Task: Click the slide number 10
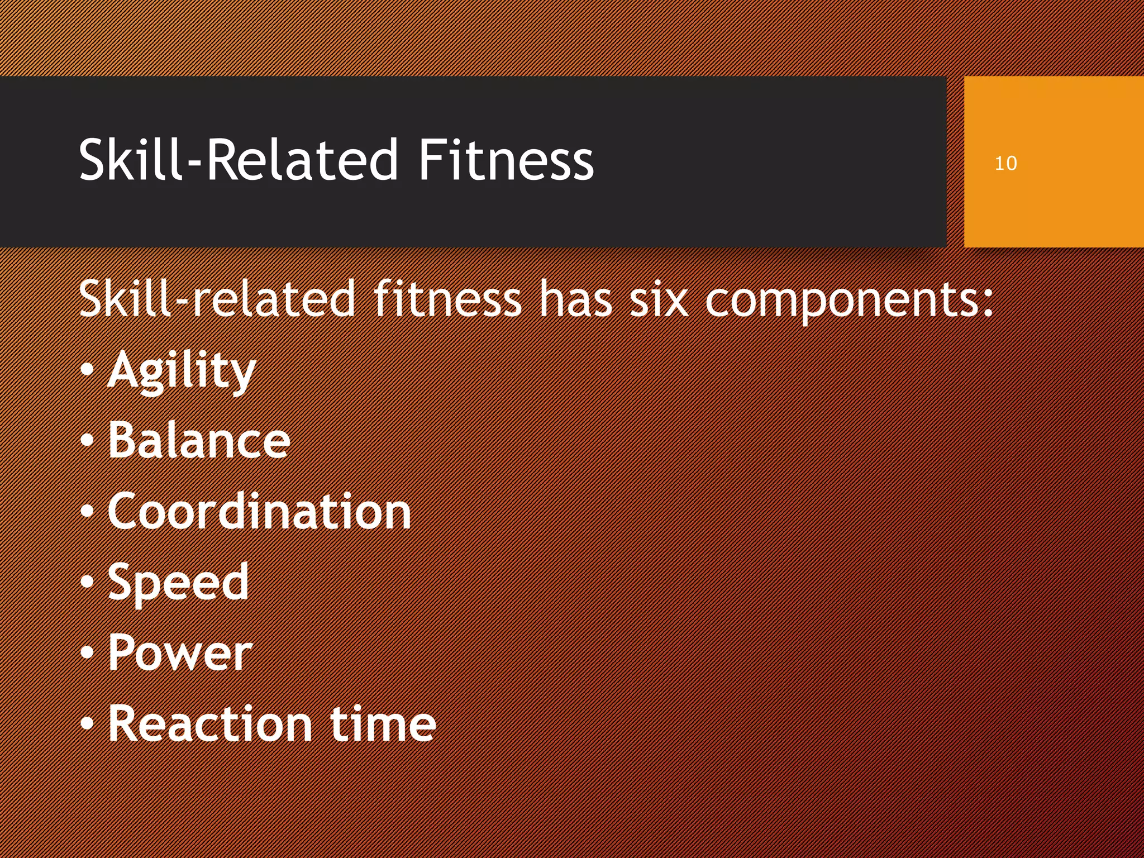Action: coord(1005,164)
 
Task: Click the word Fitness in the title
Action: coord(506,160)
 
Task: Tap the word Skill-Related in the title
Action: coord(238,160)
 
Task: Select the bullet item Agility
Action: coord(182,371)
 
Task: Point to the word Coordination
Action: coord(259,512)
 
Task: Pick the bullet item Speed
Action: coord(178,582)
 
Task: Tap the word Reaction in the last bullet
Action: coord(209,724)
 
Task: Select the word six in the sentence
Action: coord(657,300)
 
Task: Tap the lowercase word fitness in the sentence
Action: coord(447,300)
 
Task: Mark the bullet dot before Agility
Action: coord(87,370)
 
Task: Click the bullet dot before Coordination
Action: coord(87,511)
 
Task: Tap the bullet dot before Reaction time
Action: coord(87,723)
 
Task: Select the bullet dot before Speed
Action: coord(87,581)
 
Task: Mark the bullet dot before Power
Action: coord(87,652)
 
